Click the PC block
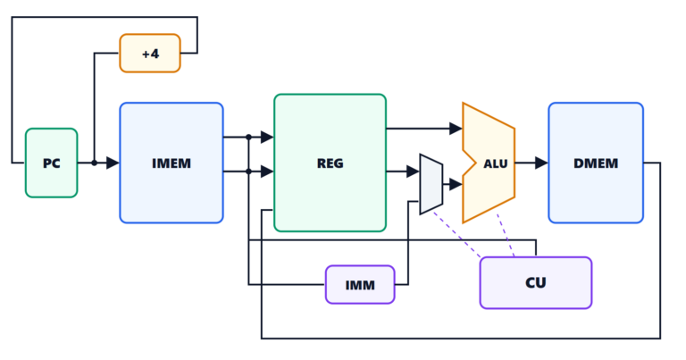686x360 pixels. click(x=51, y=163)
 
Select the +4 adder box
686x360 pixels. click(x=150, y=53)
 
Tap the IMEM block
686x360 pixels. click(x=171, y=163)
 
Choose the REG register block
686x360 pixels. click(x=330, y=163)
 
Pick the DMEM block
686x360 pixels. click(x=596, y=163)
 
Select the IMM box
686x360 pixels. click(x=360, y=285)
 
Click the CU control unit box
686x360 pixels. click(x=536, y=282)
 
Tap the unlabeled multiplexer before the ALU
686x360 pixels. click(x=431, y=184)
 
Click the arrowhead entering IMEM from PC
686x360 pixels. click(x=113, y=163)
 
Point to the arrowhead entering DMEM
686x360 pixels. click(x=541, y=163)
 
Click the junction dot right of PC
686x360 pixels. click(x=94, y=163)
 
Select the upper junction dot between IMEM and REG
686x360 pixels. click(x=248, y=137)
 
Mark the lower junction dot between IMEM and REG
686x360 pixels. click(x=248, y=172)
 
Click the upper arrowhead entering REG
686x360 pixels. click(x=267, y=137)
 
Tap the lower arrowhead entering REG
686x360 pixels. click(x=267, y=172)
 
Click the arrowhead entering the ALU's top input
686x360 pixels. click(x=456, y=128)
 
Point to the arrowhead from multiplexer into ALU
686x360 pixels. click(x=456, y=184)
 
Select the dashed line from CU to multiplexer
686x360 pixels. click(x=456, y=235)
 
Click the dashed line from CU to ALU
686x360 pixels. click(x=506, y=235)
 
